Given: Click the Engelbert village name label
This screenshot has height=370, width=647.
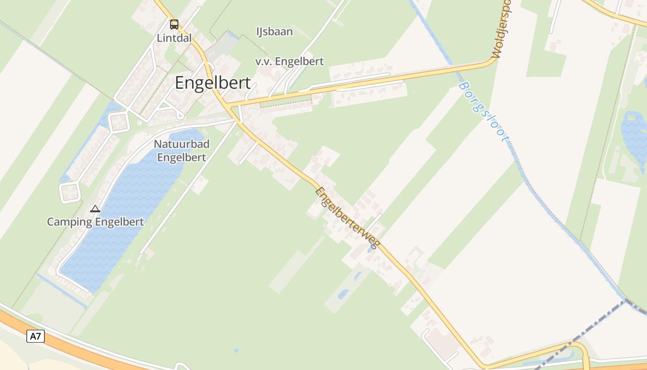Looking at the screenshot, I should [213, 83].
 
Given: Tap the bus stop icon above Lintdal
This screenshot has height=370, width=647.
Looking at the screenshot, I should [174, 25].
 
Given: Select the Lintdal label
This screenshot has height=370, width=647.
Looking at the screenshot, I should [174, 38].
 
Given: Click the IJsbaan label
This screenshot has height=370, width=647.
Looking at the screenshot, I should [275, 31].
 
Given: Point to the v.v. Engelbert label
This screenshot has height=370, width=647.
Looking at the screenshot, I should [289, 61].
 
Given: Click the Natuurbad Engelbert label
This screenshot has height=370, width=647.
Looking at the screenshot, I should [182, 151].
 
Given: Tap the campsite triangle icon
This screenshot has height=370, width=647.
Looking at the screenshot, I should [95, 209].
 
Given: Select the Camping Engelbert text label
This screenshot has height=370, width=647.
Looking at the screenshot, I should [95, 222].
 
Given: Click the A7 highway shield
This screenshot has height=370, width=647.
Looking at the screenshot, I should [36, 336].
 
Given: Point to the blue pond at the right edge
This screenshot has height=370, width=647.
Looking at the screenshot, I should [635, 134].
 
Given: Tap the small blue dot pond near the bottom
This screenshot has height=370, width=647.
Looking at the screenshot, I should [236, 350].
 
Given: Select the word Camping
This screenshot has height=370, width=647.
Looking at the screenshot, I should [69, 222].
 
